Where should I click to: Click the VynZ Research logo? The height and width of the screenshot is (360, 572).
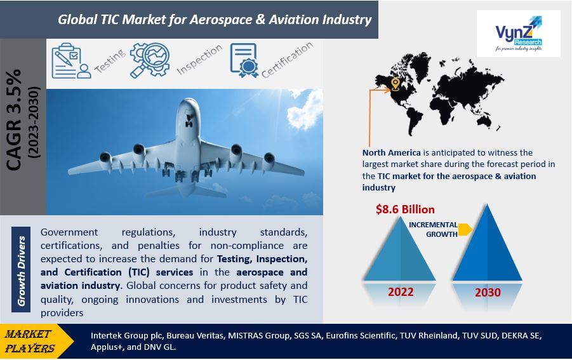tap(519, 34)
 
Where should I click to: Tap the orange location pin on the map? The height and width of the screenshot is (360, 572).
tap(395, 84)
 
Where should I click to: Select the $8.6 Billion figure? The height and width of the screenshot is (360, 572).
tap(405, 210)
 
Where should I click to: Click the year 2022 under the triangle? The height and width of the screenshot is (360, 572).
tap(401, 292)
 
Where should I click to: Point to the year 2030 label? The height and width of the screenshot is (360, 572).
tap(488, 292)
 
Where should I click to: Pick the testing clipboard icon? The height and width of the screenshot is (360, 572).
tap(71, 61)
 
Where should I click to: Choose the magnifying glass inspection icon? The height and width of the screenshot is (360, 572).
tap(150, 60)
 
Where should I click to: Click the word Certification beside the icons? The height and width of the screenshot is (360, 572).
tap(287, 60)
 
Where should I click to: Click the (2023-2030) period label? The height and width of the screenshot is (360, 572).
tap(34, 122)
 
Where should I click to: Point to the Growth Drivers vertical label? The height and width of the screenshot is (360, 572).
tap(21, 270)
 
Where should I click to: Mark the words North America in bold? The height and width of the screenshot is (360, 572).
tap(392, 152)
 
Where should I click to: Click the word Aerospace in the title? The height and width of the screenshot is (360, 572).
tap(221, 19)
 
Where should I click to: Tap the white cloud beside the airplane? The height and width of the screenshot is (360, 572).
tap(306, 109)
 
